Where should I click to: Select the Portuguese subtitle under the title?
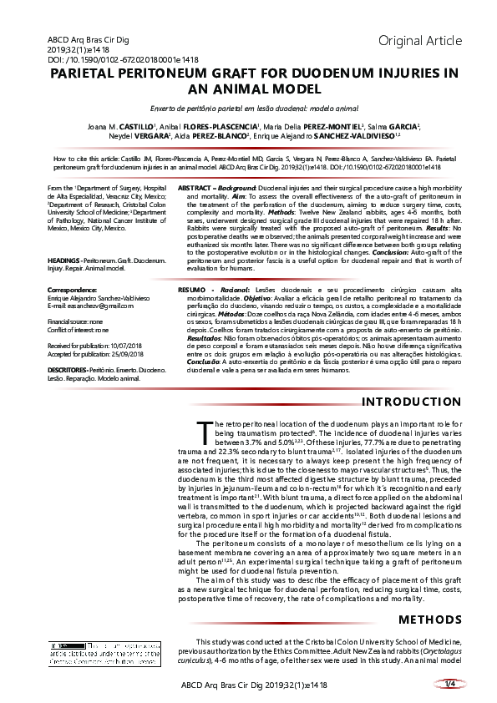[x=248, y=108]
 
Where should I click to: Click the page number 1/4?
[x=449, y=685]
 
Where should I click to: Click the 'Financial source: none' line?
[x=76, y=321]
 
